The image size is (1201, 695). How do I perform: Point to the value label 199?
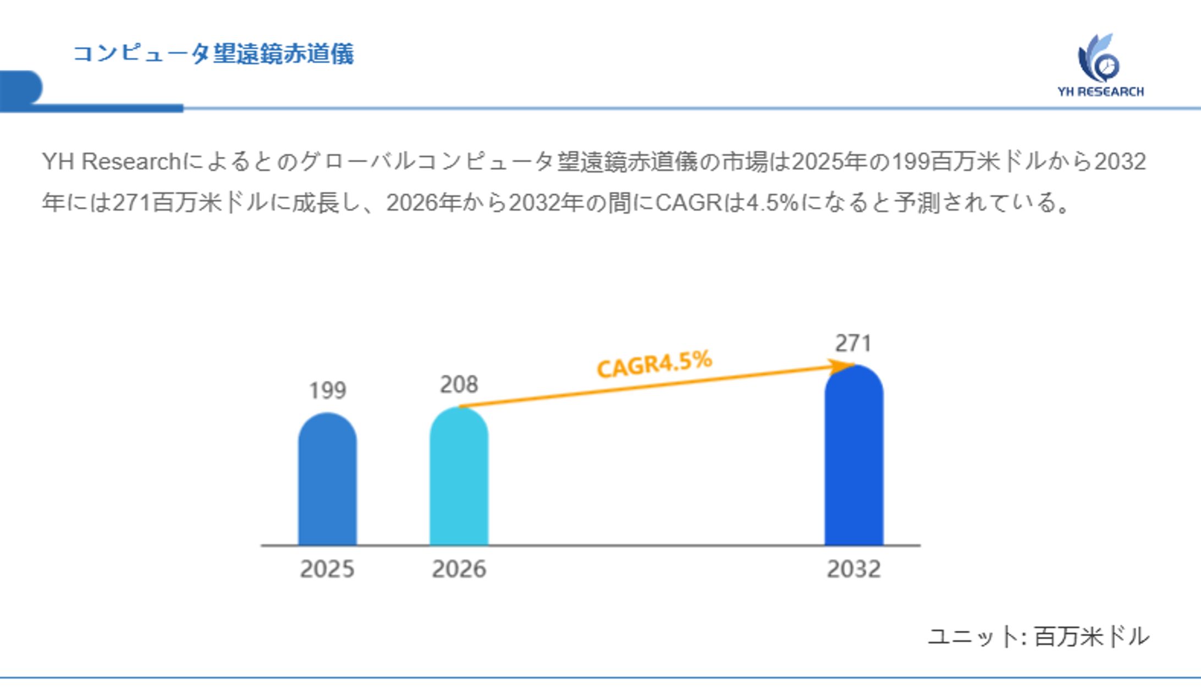327,390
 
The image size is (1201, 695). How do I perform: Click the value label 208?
459,384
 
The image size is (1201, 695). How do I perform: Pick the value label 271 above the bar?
853,343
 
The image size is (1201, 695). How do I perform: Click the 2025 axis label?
327,569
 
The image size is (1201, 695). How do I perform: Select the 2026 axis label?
459,569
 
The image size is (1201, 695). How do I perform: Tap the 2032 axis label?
853,569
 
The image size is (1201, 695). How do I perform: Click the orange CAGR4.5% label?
654,364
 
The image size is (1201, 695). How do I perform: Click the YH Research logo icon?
1099,58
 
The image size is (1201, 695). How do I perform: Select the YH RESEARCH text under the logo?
1100,92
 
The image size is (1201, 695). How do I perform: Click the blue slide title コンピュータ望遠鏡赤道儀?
213,54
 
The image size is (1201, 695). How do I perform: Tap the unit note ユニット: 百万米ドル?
1038,637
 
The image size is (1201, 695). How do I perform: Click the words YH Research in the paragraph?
111,162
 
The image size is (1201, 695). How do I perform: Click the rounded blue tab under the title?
21,88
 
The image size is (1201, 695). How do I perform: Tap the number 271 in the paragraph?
132,203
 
